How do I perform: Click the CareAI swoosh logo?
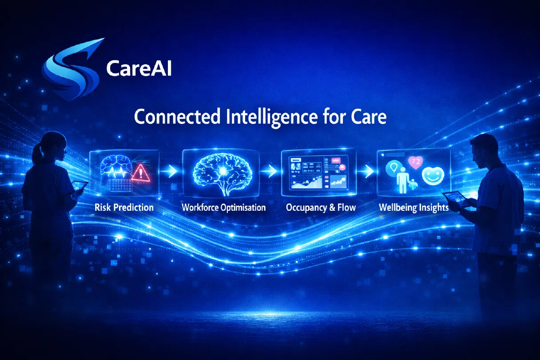coord(72,70)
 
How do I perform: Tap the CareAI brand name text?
coord(139,68)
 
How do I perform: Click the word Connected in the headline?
coord(177,117)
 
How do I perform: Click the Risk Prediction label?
coord(124,207)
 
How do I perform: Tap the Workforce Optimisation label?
coord(223,207)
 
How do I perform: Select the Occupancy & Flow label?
coord(321,208)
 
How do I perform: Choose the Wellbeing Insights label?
coord(414,208)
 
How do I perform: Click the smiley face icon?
coord(433,176)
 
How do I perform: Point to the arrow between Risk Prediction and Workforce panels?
coord(169,171)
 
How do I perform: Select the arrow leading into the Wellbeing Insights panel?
coord(366,171)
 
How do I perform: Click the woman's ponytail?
coord(37,154)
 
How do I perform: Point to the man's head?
coord(484,150)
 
